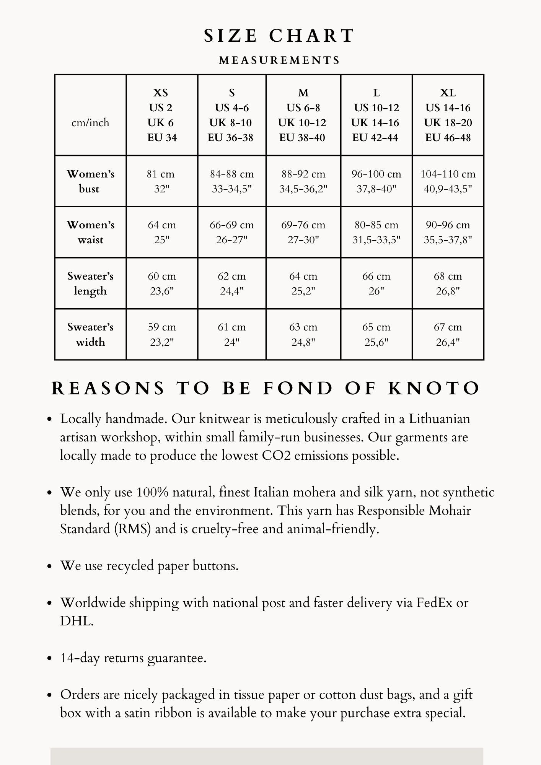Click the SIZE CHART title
click(x=279, y=36)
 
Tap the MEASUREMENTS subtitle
click(x=279, y=60)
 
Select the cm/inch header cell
click(x=90, y=123)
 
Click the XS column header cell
click(x=161, y=115)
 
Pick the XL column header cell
click(x=448, y=115)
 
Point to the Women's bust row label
click(x=90, y=181)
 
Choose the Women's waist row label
click(x=90, y=232)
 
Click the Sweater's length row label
click(x=90, y=283)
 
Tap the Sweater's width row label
click(x=90, y=334)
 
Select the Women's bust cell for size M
click(x=303, y=181)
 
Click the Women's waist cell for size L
click(x=376, y=232)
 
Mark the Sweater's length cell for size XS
click(x=161, y=283)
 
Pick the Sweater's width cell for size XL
click(x=448, y=334)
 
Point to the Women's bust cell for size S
click(x=231, y=181)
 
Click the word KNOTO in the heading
click(x=434, y=388)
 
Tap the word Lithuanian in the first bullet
click(x=439, y=419)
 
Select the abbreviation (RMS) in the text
click(x=132, y=529)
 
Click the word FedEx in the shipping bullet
click(x=435, y=603)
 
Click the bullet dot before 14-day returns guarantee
click(x=49, y=659)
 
